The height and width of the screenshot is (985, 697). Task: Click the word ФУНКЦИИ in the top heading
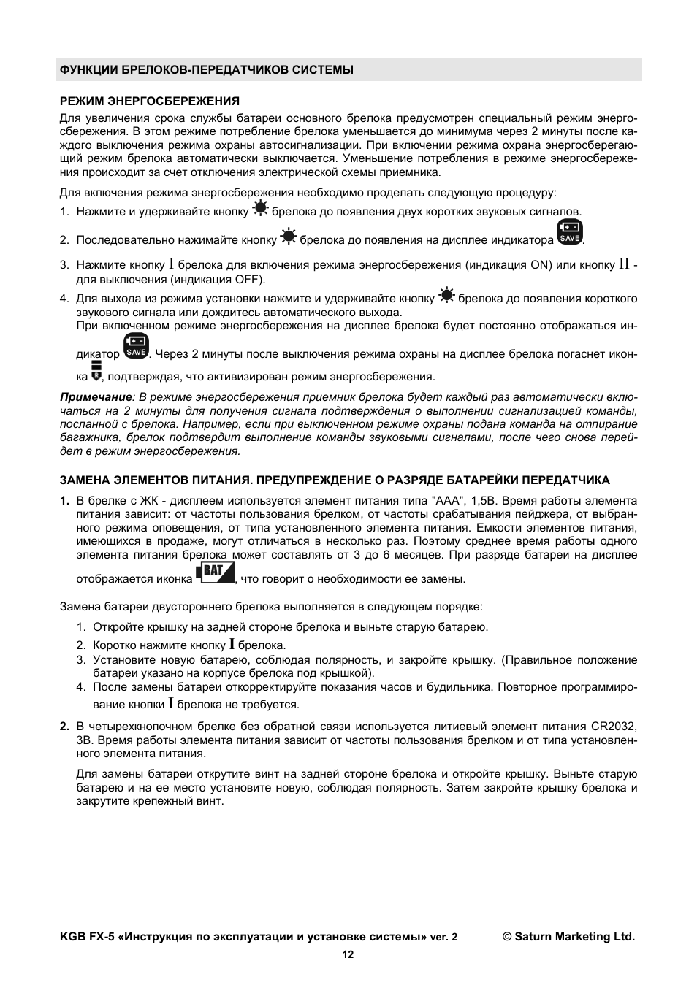click(86, 70)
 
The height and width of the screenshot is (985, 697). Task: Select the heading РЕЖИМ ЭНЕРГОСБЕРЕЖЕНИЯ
click(150, 101)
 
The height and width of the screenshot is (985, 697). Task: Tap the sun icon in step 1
click(260, 209)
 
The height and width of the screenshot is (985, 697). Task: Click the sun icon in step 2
click(288, 237)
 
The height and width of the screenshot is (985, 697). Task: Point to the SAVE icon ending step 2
click(569, 232)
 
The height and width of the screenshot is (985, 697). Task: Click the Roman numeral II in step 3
click(624, 264)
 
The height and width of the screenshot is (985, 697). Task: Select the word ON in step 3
click(539, 265)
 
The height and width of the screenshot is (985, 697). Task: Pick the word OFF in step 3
click(248, 279)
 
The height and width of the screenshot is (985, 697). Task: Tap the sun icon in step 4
click(446, 296)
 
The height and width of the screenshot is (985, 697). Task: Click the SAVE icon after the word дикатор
click(136, 346)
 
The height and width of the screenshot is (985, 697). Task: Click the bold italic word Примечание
click(96, 397)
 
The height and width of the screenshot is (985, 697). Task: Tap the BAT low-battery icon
click(215, 572)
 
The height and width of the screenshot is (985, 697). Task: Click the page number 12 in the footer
click(348, 954)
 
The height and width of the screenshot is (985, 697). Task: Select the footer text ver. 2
click(443, 938)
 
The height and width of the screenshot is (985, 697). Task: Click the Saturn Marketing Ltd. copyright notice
click(568, 937)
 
